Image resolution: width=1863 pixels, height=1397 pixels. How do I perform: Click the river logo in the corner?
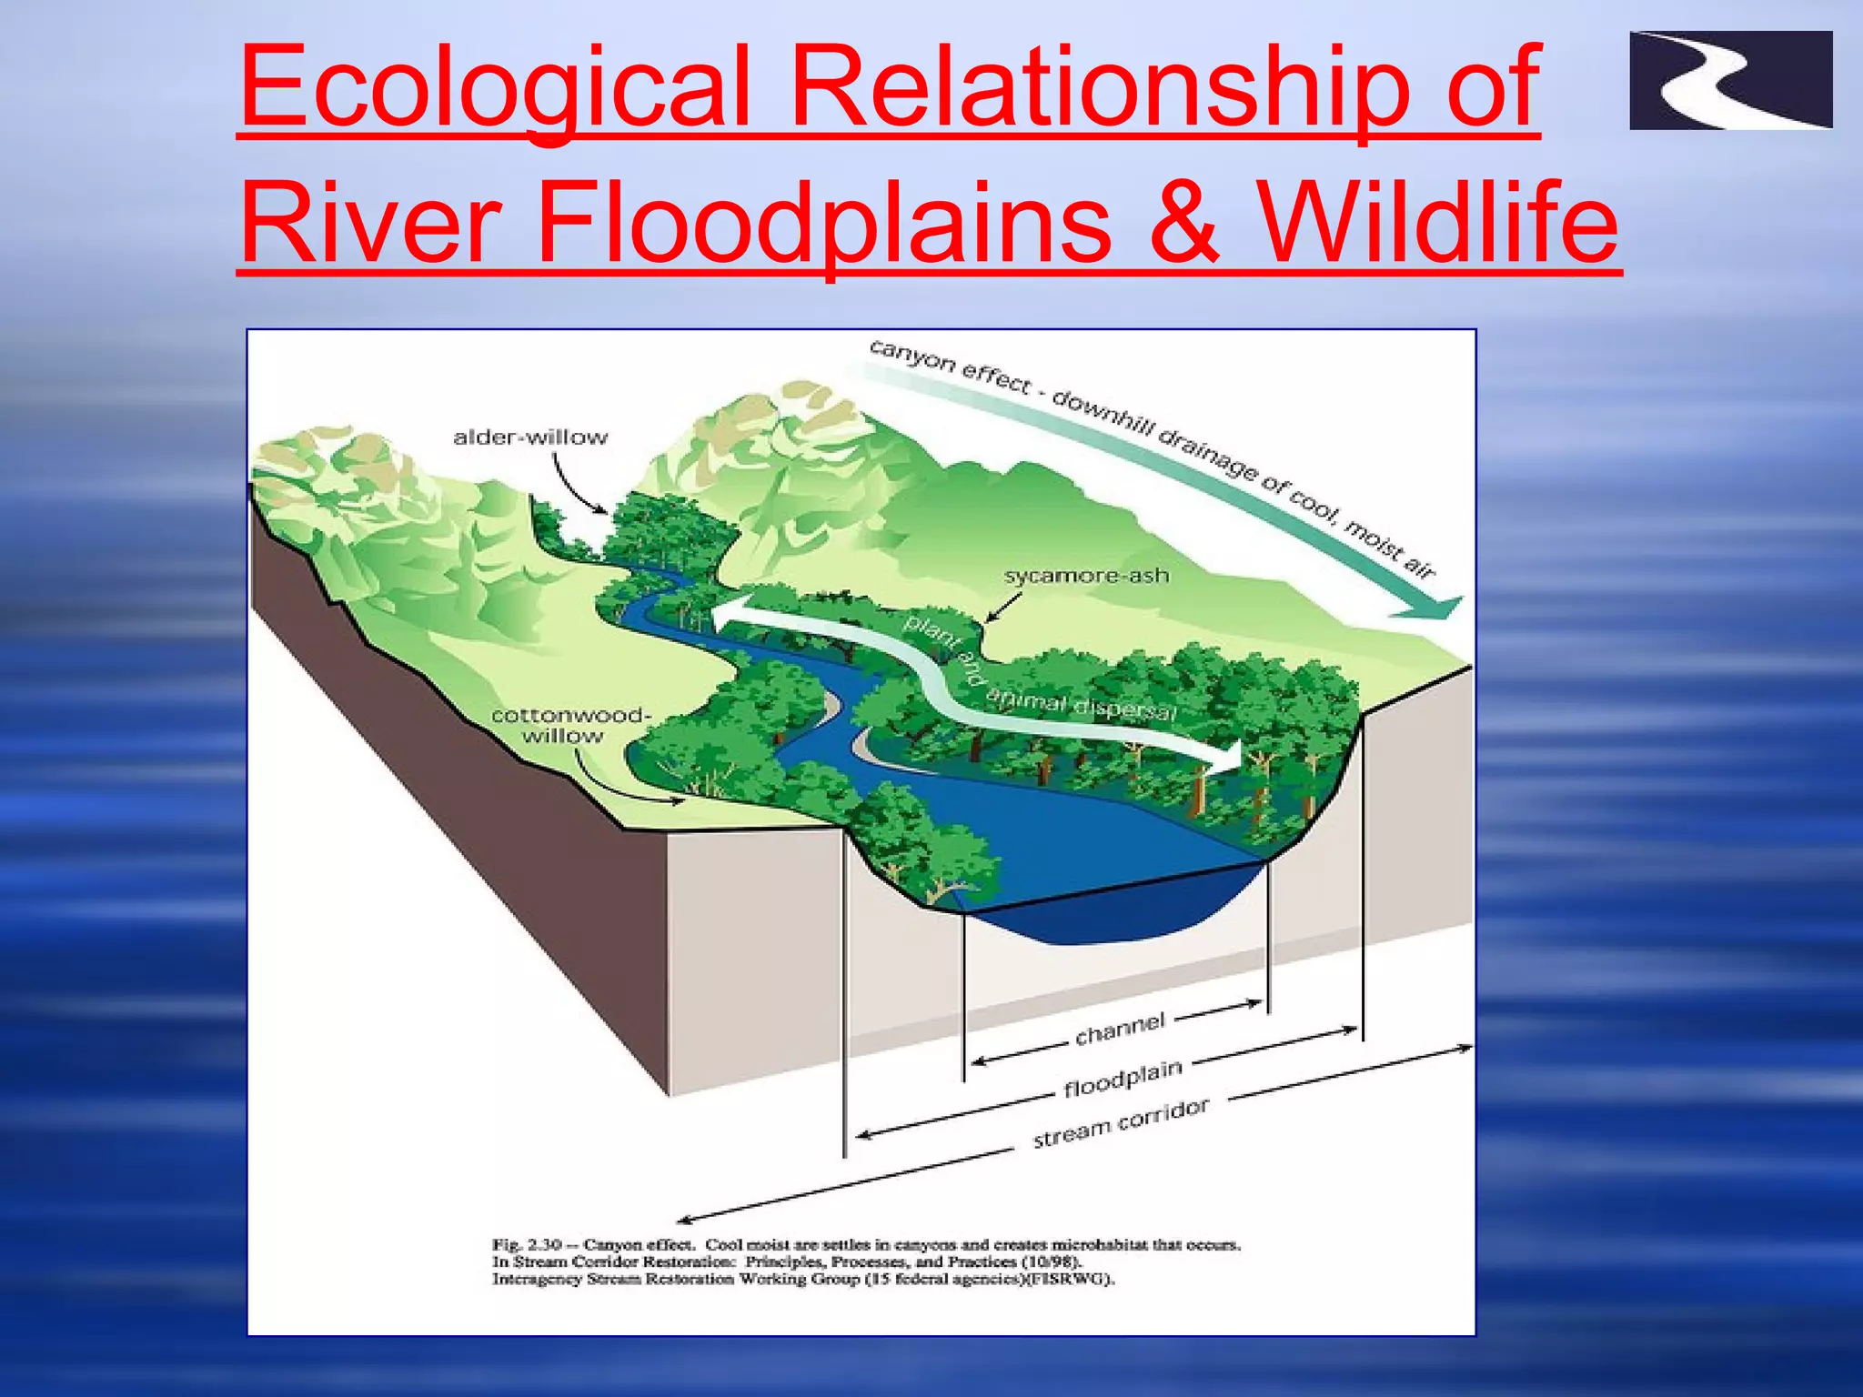coord(1730,80)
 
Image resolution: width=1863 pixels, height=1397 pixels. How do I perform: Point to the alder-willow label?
coord(530,437)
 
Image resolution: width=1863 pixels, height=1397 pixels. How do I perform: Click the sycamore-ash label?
coord(1086,576)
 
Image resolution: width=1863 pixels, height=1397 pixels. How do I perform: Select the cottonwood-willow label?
coord(570,726)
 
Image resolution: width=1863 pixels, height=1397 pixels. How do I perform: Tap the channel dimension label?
coord(1119,1029)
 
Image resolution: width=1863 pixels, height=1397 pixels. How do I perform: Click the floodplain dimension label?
coord(1123,1079)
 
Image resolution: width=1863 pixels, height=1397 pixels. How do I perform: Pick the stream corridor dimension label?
coord(1121,1123)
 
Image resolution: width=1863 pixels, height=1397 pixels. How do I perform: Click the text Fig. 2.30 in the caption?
coord(527,1244)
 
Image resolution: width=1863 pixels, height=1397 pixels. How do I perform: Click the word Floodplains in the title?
coord(823,223)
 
